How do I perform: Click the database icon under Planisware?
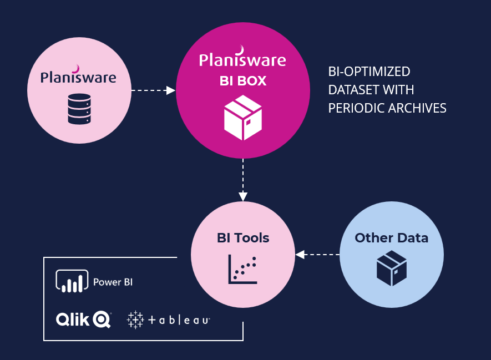(78, 109)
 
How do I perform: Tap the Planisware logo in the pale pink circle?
(78, 77)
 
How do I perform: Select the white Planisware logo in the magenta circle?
(242, 58)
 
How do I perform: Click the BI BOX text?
(242, 81)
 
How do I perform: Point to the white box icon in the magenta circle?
(242, 117)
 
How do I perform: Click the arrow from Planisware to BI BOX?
(153, 90)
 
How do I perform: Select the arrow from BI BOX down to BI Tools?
(242, 180)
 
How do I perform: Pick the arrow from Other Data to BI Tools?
(317, 255)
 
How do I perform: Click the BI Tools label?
(243, 238)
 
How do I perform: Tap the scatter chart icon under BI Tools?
(242, 268)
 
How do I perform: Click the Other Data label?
(392, 238)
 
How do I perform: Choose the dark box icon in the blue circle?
(392, 268)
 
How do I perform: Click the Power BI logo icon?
(72, 281)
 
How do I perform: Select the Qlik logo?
(83, 320)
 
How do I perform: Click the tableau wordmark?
(179, 320)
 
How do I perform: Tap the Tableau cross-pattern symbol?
(135, 320)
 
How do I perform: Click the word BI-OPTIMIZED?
(369, 72)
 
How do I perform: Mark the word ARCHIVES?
(416, 108)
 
